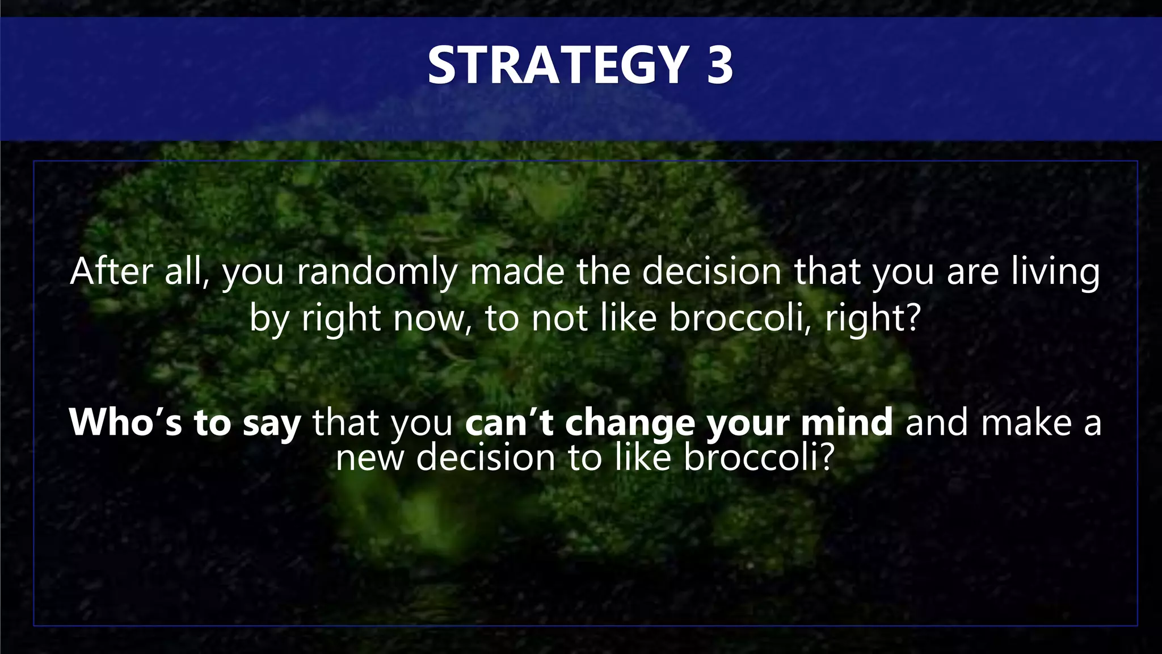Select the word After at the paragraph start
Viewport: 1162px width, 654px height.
(111, 272)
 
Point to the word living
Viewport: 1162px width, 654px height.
(1055, 272)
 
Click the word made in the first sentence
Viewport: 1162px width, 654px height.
(516, 272)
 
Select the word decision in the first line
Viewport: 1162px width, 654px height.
(711, 272)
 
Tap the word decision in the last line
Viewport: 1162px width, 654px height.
(486, 458)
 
